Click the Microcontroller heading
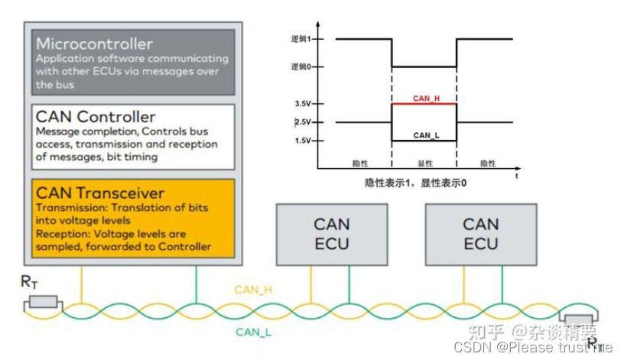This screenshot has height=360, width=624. click(x=94, y=44)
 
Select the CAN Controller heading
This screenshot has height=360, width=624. click(x=96, y=116)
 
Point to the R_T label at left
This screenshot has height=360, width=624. click(x=29, y=283)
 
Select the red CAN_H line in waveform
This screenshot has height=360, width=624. click(x=424, y=103)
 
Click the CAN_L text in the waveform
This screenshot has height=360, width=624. click(x=424, y=135)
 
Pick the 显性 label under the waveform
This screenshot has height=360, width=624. click(x=424, y=164)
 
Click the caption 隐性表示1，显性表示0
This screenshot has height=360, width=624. click(x=415, y=183)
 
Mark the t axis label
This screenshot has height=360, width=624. click(x=518, y=176)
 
